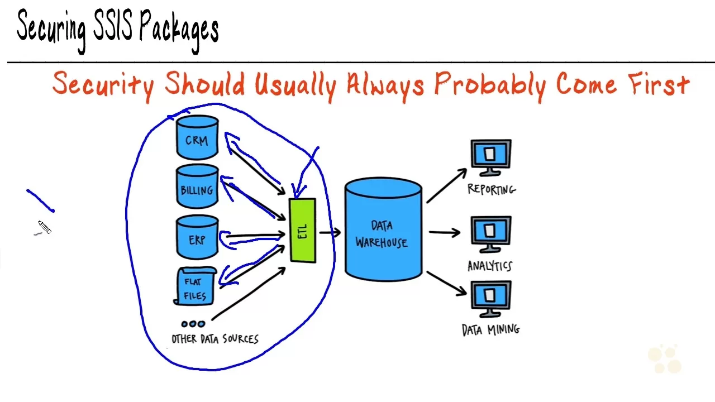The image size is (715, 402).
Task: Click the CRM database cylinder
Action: coord(197,137)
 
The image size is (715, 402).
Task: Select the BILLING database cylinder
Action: coord(197,187)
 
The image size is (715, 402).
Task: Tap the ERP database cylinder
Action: coord(197,237)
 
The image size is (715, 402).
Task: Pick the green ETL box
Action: coord(303,231)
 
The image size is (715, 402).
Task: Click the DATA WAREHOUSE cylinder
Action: coord(383,229)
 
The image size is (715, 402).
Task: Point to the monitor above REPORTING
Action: coord(490,156)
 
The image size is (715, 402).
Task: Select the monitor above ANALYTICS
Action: coord(490,233)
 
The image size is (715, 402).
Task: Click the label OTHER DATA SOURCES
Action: coord(215,339)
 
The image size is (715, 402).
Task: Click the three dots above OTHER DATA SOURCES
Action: coord(193,323)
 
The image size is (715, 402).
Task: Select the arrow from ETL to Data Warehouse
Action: coord(330,232)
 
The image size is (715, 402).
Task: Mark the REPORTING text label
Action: coord(492,189)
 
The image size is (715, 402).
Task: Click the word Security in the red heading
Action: coord(103,85)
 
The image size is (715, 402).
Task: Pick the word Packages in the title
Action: coord(179,29)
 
